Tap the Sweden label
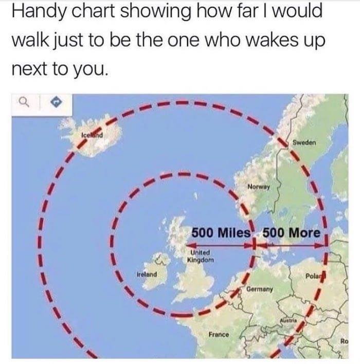[304, 141]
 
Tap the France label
[219, 335]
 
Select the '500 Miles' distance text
[220, 232]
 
